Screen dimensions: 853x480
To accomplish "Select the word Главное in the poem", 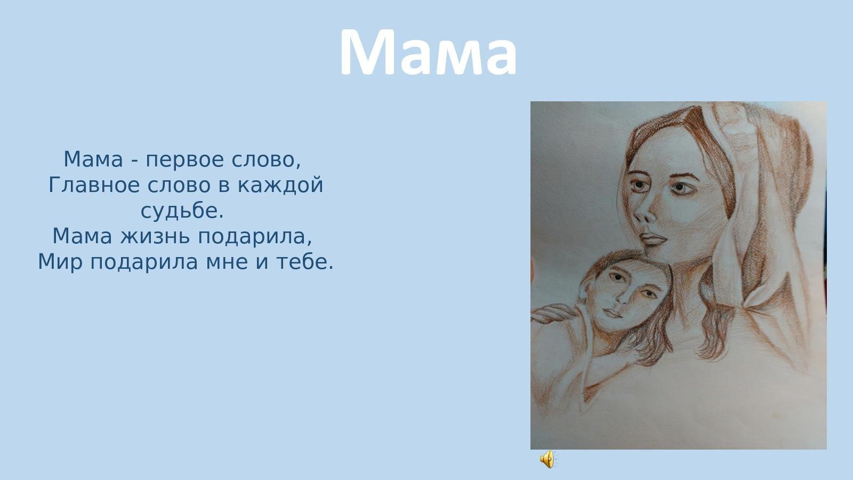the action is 94,186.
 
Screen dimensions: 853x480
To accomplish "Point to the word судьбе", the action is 182,211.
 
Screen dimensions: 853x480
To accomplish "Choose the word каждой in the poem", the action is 280,186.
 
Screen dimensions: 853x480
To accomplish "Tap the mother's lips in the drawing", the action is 653,239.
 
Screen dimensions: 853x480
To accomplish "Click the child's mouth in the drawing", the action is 613,313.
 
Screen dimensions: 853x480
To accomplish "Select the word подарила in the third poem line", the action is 252,237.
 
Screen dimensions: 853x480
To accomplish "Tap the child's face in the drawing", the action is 624,295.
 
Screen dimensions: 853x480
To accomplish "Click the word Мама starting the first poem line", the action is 93,159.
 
